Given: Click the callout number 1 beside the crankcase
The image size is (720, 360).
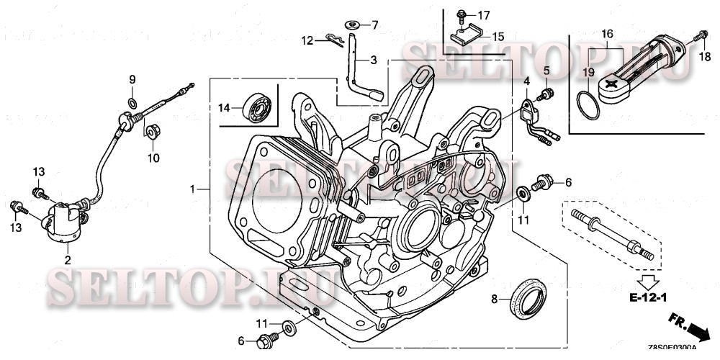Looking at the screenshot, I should point(192,189).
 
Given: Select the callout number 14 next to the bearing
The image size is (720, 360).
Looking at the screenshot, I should point(225,108).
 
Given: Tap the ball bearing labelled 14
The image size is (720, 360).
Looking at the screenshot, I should point(256,105).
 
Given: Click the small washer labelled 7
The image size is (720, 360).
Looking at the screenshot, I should point(353,25).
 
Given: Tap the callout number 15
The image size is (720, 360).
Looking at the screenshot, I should point(498,35).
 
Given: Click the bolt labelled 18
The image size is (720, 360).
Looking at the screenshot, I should point(698,35).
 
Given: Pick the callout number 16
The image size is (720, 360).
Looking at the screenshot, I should point(607,34).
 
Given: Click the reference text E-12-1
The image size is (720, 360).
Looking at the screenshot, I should point(649,297).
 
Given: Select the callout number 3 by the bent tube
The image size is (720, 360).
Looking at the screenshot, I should point(374,60).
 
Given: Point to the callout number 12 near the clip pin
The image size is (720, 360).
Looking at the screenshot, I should point(307,40).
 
